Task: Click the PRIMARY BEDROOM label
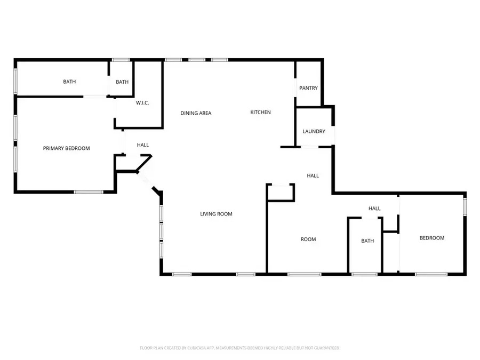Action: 66,148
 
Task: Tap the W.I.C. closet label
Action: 142,103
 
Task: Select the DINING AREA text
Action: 196,113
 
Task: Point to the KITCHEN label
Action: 261,113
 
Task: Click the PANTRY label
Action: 308,87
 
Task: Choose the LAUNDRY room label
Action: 314,131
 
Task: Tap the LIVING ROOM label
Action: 216,214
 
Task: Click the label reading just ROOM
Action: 308,239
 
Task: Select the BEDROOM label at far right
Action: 431,238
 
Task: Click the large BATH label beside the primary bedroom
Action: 69,82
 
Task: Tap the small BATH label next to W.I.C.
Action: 122,82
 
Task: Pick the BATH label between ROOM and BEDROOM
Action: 367,241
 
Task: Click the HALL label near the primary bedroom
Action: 142,145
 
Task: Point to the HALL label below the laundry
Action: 313,175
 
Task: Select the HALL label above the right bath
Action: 374,209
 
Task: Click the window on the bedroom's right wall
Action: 465,206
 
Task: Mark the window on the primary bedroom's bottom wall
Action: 89,191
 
